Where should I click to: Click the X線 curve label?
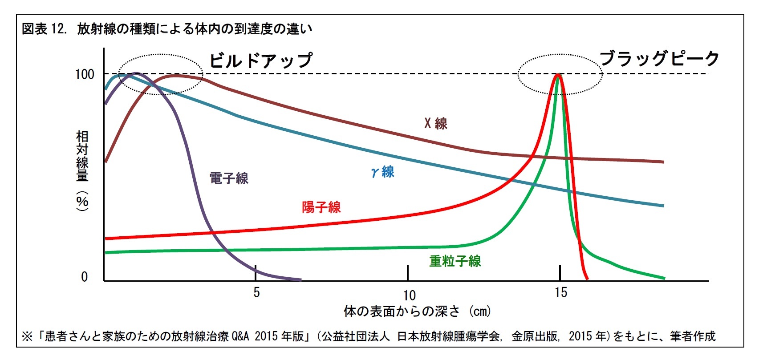[x=435, y=123]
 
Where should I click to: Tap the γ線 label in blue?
[x=383, y=172]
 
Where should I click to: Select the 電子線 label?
[x=229, y=178]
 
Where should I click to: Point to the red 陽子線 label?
[x=321, y=207]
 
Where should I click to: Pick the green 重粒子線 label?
[x=455, y=261]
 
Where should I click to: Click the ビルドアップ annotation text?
[x=261, y=61]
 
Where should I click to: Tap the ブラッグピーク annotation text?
[x=659, y=59]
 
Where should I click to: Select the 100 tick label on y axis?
[x=85, y=74]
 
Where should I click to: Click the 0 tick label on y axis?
[x=85, y=277]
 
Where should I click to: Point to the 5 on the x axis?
[x=256, y=292]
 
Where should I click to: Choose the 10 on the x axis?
[x=409, y=295]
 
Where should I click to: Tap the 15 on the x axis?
[x=561, y=292]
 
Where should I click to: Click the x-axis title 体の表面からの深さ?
[x=402, y=311]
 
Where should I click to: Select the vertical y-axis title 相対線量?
[x=82, y=156]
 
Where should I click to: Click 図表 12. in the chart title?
[x=44, y=29]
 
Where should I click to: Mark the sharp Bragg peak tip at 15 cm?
[x=558, y=75]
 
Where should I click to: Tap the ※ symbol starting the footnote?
[x=27, y=336]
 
